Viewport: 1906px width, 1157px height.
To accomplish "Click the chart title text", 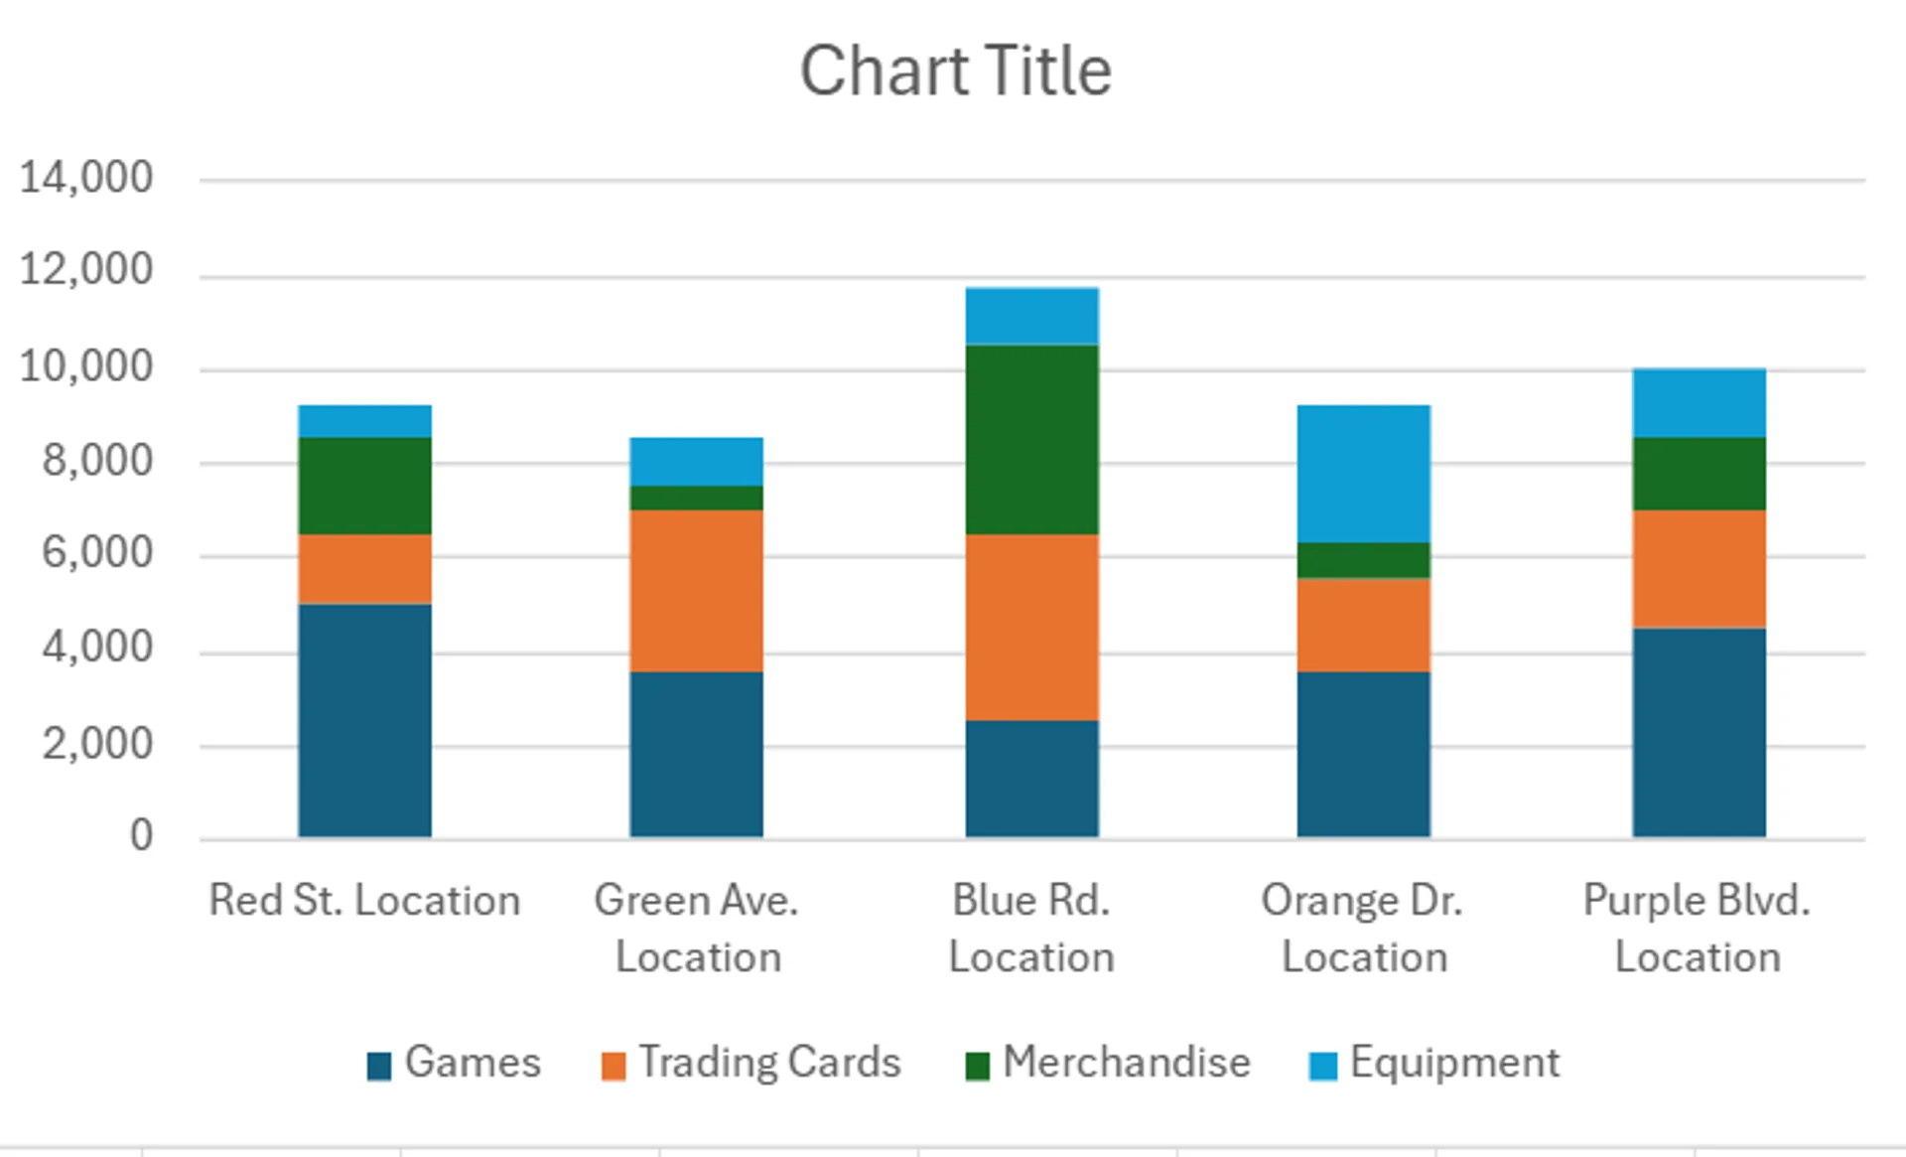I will click(x=955, y=72).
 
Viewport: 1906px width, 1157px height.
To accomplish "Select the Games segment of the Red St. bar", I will click(x=364, y=720).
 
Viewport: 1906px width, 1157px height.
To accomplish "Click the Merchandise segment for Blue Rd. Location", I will click(x=1031, y=439).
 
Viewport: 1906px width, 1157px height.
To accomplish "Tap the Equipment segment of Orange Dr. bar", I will click(x=1363, y=474).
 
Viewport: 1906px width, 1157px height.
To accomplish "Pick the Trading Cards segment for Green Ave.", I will click(x=696, y=591).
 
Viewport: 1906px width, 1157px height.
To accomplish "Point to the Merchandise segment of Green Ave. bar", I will click(x=696, y=498).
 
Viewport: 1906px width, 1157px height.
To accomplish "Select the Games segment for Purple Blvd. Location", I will click(x=1699, y=732).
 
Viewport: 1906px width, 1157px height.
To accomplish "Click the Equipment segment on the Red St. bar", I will click(x=364, y=421).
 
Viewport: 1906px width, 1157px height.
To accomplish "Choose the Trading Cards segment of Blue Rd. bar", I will click(x=1031, y=627).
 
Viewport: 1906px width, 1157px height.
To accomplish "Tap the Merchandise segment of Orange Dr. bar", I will click(x=1363, y=560).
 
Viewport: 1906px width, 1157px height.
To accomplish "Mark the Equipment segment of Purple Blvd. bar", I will click(x=1699, y=402).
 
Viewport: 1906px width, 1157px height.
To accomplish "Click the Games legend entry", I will click(x=454, y=1063).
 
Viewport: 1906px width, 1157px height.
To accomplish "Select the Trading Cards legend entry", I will click(x=751, y=1063).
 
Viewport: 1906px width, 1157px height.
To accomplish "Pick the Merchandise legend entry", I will click(x=1108, y=1063).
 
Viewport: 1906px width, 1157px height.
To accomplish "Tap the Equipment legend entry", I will click(x=1434, y=1063).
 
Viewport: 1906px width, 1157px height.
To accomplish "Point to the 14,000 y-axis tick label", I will click(x=86, y=178).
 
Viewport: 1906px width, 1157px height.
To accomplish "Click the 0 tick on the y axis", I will click(x=141, y=835).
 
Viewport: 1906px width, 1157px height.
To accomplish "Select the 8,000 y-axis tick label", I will click(x=97, y=461).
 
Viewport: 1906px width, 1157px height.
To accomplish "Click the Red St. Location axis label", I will click(x=364, y=901).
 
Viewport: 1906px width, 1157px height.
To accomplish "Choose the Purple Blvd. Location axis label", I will click(x=1697, y=928).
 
